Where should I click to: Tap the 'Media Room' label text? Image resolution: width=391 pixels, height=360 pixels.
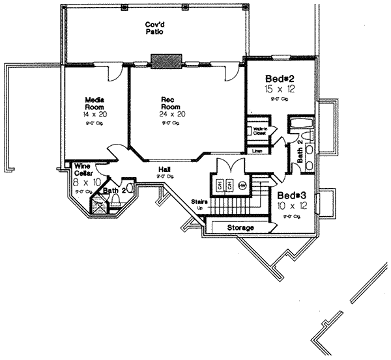[95, 104]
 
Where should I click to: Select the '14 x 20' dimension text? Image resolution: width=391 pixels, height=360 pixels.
[95, 113]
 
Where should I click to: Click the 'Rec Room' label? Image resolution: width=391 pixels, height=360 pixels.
[168, 104]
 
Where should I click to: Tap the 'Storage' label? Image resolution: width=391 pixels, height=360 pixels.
[240, 228]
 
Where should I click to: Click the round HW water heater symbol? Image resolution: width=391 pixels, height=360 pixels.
[242, 185]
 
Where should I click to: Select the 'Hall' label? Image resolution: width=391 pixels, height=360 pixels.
[164, 169]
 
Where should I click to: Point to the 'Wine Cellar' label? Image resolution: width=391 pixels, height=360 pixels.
[82, 169]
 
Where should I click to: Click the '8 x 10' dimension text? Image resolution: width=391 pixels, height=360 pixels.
[83, 183]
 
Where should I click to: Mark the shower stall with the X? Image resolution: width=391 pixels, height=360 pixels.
[100, 204]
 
